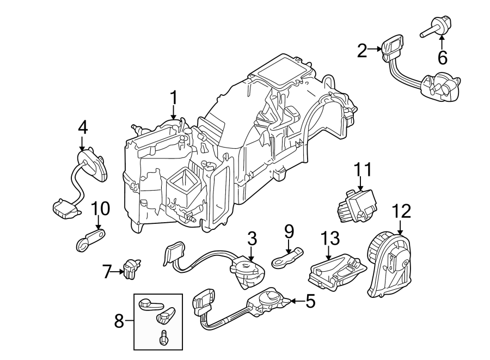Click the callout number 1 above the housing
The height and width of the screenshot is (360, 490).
tap(174, 99)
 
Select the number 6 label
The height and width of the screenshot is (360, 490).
tap(442, 56)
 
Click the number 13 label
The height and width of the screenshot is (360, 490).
tap(330, 238)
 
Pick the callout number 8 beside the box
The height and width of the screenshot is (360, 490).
tap(119, 322)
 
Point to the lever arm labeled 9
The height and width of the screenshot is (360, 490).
tap(287, 255)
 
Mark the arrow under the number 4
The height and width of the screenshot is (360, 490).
tap(82, 145)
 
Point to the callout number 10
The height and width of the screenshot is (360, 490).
tap(100, 208)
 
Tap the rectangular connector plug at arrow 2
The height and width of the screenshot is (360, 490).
tap(393, 45)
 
